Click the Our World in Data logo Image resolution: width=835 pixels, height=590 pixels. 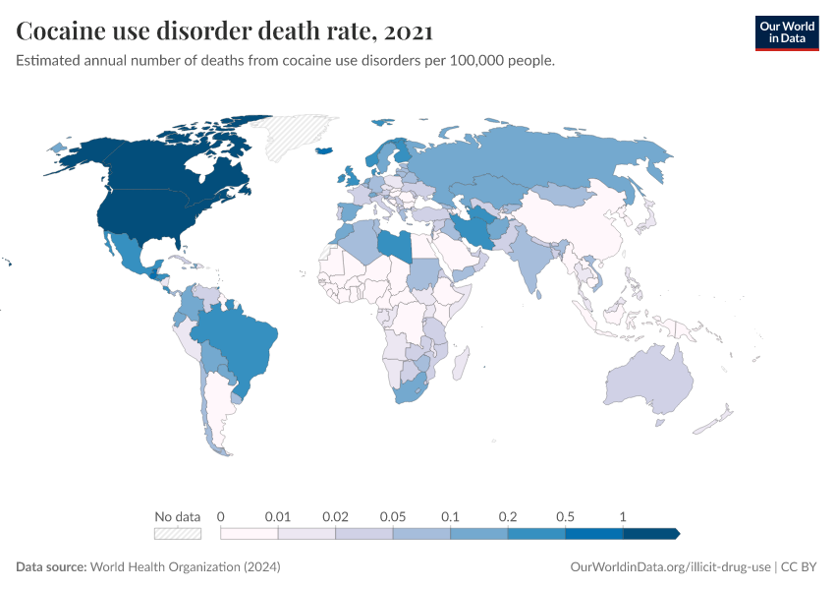(786, 32)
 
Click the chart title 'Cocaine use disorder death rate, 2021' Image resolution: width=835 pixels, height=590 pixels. (225, 31)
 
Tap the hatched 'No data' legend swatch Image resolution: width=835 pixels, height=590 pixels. (177, 534)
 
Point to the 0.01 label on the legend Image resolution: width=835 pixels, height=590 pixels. (278, 516)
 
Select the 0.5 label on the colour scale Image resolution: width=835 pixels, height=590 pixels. (566, 516)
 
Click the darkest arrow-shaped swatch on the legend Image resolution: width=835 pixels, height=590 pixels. (650, 534)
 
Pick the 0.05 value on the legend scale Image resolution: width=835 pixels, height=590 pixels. (393, 516)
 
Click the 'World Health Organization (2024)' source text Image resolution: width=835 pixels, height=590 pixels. (185, 567)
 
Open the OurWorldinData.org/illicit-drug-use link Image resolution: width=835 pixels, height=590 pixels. (670, 567)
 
